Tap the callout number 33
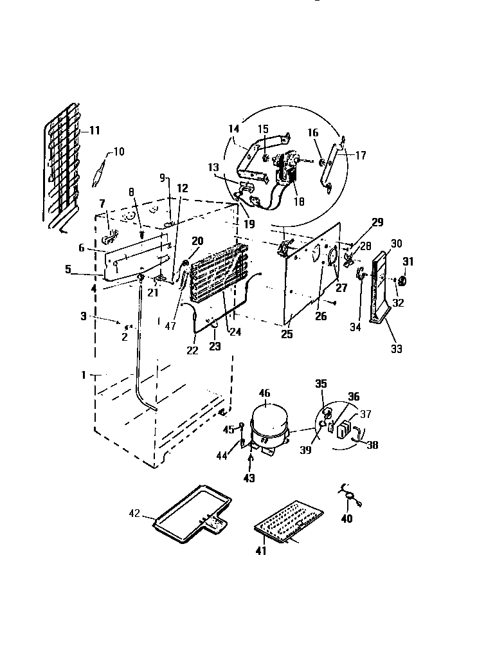click(x=397, y=349)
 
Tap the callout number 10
click(x=119, y=152)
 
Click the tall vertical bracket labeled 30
click(x=381, y=283)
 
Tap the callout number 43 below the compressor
click(x=249, y=478)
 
